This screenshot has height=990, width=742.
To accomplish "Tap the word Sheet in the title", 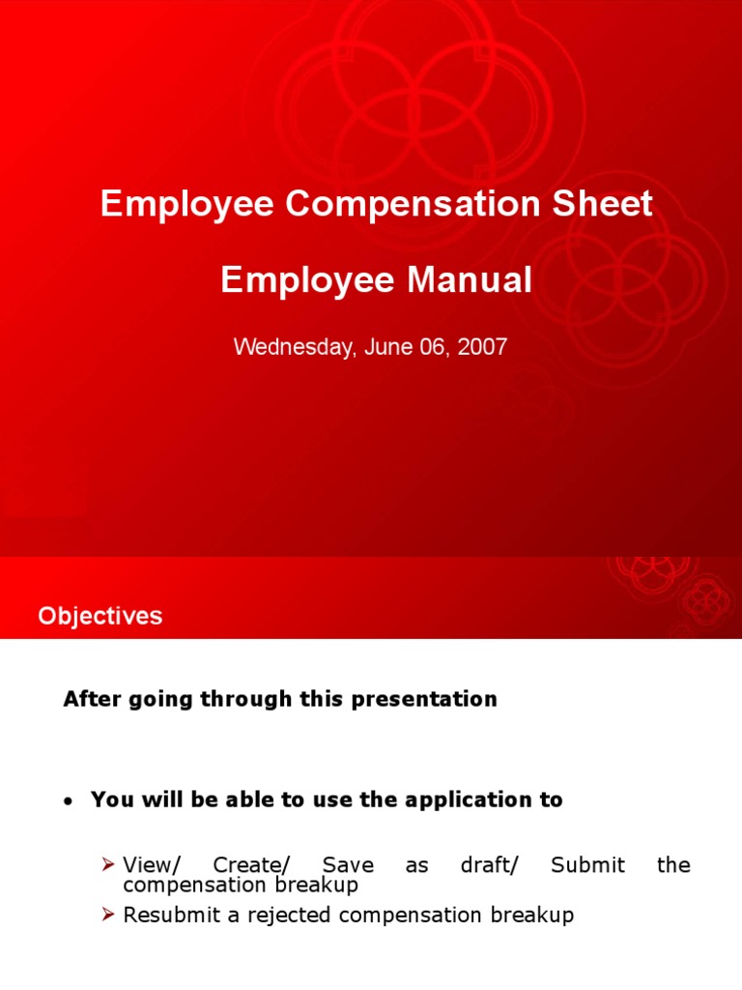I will [x=605, y=205].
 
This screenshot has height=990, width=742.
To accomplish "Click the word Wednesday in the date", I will [x=293, y=348].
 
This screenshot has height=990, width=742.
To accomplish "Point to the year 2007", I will [x=482, y=348].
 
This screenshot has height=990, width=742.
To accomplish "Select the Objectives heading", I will [x=100, y=616].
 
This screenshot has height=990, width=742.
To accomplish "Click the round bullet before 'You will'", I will [x=67, y=801].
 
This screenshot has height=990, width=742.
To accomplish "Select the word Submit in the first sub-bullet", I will [x=587, y=864].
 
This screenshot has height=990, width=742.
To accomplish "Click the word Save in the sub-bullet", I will [x=348, y=864].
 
